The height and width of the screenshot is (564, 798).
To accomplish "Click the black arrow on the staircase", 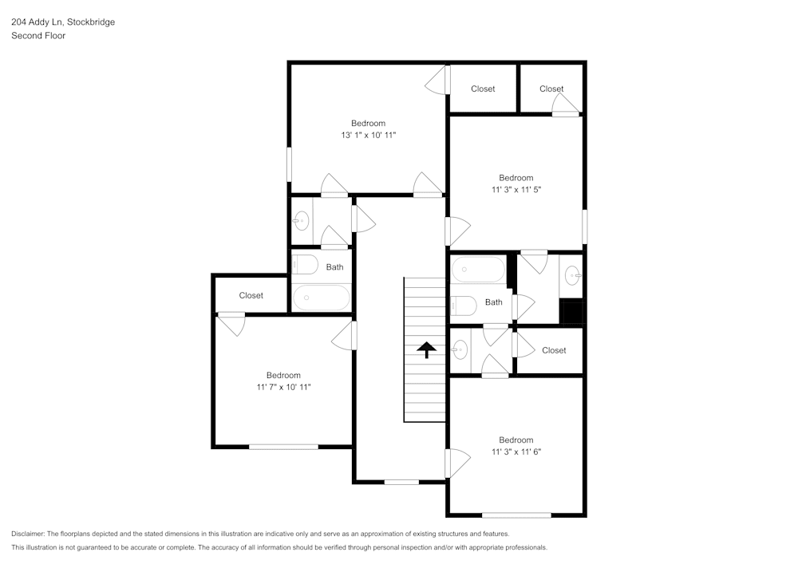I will tap(426, 349).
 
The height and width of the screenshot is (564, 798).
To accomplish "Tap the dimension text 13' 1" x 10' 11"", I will tap(369, 136).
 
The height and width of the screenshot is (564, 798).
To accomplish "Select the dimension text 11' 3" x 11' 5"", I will tap(516, 190).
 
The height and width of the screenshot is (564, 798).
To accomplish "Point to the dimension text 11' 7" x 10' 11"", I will tap(283, 387).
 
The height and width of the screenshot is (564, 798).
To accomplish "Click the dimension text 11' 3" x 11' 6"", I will tap(516, 452).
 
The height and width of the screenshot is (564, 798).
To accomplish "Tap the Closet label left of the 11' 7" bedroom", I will tap(251, 295).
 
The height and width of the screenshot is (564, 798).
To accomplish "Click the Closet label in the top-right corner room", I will tap(551, 89).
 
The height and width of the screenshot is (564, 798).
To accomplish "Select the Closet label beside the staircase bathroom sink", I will tap(554, 350).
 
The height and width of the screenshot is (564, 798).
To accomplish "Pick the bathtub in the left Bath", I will tap(322, 298).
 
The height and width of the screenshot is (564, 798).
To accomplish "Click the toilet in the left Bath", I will tap(304, 265).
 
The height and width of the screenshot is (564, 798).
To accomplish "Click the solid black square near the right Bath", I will tap(571, 312).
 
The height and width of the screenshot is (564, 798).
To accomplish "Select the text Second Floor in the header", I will tap(38, 36).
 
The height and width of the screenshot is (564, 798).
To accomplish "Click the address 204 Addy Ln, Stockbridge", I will tap(63, 22).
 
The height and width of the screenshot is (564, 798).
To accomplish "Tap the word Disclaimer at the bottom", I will tap(28, 534).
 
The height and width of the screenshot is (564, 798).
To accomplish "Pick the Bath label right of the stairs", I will tap(494, 302).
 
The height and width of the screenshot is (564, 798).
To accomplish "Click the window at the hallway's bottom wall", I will tap(401, 482).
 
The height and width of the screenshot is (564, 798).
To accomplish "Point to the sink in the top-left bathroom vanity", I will tap(302, 221).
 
